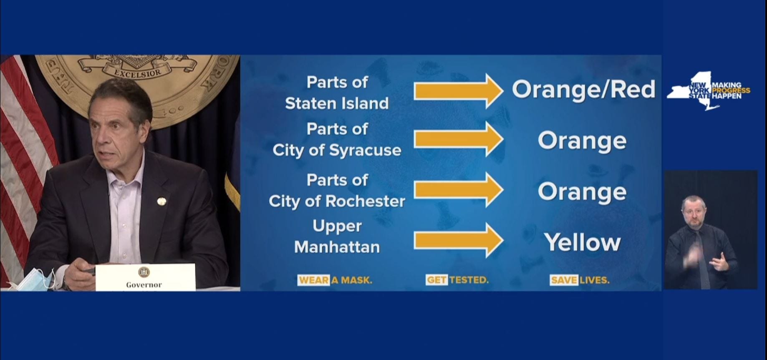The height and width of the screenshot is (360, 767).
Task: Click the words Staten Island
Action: [x=337, y=103]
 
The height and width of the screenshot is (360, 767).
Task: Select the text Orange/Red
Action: [x=583, y=90]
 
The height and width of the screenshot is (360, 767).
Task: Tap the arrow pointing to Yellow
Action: [x=458, y=241]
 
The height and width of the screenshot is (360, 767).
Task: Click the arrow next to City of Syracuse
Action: [x=458, y=139]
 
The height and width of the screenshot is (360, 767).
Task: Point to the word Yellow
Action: [x=582, y=242]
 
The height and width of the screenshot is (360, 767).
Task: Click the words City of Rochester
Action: [x=337, y=201]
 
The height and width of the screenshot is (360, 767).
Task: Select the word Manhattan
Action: [x=337, y=247]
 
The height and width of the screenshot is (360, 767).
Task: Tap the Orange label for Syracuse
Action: [x=582, y=141]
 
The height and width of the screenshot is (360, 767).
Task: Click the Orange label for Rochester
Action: [x=582, y=192]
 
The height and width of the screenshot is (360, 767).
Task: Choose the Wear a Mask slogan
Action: [x=335, y=280]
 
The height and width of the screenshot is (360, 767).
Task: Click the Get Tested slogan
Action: [x=457, y=280]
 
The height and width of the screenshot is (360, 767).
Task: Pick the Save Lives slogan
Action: [x=579, y=280]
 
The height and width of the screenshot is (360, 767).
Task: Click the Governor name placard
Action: [x=144, y=277]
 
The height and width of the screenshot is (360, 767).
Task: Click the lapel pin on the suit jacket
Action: [x=161, y=201]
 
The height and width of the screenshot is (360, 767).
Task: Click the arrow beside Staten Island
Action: [x=458, y=91]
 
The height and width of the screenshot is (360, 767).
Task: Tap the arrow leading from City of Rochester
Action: [x=458, y=190]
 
